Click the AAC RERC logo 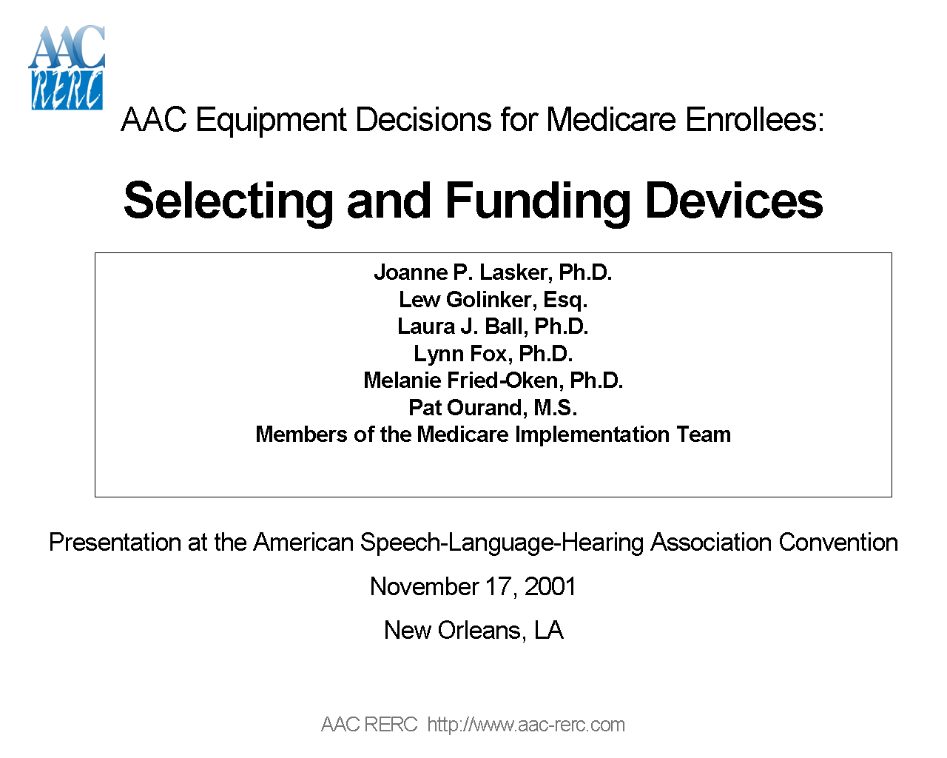click(x=67, y=68)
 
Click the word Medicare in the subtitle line click(x=610, y=120)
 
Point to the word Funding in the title click(x=538, y=201)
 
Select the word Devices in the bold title click(x=734, y=201)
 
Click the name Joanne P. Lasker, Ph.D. click(x=493, y=272)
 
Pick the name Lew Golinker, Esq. click(x=493, y=300)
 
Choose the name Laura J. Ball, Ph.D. click(x=493, y=326)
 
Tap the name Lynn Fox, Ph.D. click(x=493, y=354)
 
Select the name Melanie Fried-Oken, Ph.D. click(x=493, y=380)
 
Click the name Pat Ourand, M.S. click(x=493, y=408)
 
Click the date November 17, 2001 click(x=473, y=586)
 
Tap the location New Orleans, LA click(x=473, y=630)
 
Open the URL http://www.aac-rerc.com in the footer click(x=526, y=725)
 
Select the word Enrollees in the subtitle click(x=754, y=120)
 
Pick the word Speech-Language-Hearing click(x=502, y=543)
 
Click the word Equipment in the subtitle click(x=271, y=120)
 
